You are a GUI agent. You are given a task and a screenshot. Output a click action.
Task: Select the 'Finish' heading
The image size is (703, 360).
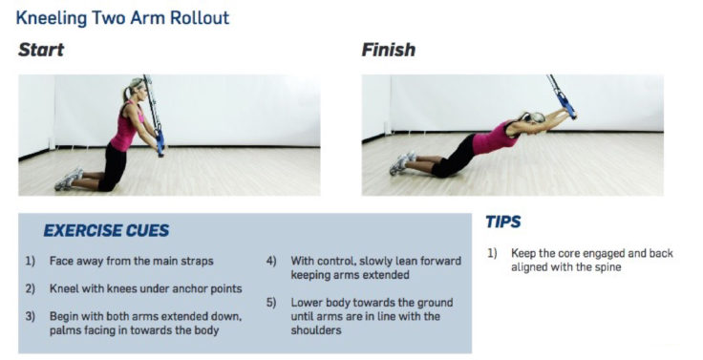[388, 50]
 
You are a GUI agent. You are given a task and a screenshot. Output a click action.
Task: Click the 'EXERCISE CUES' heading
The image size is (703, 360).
[106, 230]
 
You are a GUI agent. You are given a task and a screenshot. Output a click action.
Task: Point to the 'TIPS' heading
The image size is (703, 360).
[503, 222]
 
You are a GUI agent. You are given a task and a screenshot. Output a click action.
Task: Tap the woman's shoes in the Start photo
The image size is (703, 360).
[69, 180]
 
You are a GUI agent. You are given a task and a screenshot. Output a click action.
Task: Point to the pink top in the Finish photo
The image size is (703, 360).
[494, 139]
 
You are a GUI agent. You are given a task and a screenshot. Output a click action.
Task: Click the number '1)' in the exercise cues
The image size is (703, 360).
[32, 260]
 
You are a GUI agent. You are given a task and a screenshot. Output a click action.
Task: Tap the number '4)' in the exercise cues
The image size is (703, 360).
[270, 260]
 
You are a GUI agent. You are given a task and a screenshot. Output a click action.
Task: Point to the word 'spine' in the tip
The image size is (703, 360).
[607, 268]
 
